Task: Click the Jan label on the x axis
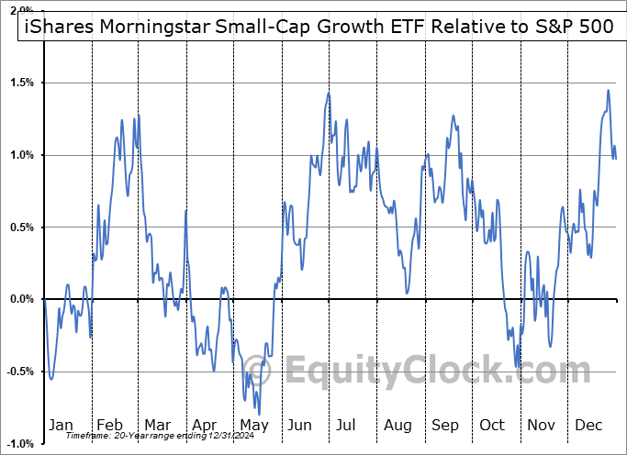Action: [x=62, y=426]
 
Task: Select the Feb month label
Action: [x=109, y=426]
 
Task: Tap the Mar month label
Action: [x=157, y=426]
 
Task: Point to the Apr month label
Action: [x=206, y=426]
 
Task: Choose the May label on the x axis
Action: [x=254, y=426]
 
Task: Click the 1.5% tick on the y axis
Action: [x=21, y=83]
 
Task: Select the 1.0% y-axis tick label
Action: [x=21, y=155]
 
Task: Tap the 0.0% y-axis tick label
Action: [x=21, y=299]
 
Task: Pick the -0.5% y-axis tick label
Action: [x=19, y=372]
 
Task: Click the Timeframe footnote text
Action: [x=138, y=436]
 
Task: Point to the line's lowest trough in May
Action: [x=260, y=415]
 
